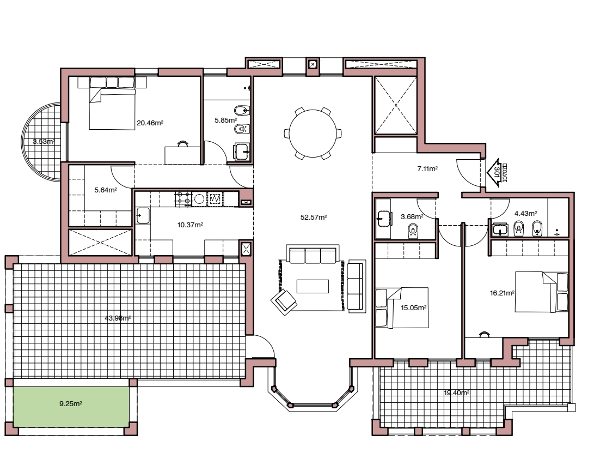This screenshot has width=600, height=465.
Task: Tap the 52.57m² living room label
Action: (x=314, y=217)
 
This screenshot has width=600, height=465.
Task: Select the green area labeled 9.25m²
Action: (x=71, y=404)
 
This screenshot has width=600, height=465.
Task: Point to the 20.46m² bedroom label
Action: (x=150, y=123)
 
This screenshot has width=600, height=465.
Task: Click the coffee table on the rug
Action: (x=313, y=286)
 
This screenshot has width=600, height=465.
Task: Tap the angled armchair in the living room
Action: (x=284, y=300)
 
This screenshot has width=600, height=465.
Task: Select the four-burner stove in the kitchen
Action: (x=183, y=198)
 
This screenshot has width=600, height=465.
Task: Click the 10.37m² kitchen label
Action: (x=190, y=224)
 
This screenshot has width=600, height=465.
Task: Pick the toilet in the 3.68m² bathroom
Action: (x=413, y=231)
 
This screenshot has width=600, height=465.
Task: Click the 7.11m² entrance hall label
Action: (x=427, y=169)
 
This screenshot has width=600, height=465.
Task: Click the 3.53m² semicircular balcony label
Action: (x=44, y=141)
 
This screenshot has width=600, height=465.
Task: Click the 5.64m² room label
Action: (x=105, y=190)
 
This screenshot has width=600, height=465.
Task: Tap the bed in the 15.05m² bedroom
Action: (x=401, y=307)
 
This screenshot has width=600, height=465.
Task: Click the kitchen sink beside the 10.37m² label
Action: (x=143, y=215)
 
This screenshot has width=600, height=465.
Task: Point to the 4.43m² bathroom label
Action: (x=525, y=213)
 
